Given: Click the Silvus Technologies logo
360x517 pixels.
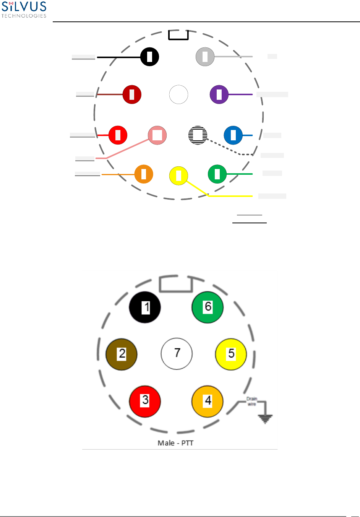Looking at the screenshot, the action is click(24, 10).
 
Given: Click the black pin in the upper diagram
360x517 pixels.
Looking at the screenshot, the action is click(149, 57).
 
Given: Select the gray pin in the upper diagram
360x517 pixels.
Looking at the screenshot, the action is click(205, 57).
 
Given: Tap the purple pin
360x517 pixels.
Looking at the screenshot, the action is click(219, 94).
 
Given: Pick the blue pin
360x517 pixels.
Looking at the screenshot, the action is click(233, 135).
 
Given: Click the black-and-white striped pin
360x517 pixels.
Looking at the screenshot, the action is click(198, 135).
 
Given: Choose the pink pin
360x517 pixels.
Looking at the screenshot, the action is click(157, 135).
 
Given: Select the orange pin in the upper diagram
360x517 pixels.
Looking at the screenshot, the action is click(144, 174).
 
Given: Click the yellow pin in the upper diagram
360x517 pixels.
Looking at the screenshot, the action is click(178, 176).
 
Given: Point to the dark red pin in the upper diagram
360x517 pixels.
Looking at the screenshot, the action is click(132, 94).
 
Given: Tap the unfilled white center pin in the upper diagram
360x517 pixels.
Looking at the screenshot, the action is click(178, 94).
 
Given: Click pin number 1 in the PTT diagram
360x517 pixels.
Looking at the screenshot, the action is click(145, 307).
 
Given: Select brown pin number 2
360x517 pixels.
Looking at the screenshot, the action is click(122, 354).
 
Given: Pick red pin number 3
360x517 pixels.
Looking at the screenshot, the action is click(145, 401).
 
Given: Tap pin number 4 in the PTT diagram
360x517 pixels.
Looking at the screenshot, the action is click(207, 401).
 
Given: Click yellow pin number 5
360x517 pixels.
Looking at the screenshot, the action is click(231, 354).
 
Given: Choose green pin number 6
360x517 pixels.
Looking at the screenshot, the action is click(207, 307).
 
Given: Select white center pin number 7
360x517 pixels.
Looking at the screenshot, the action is click(177, 353).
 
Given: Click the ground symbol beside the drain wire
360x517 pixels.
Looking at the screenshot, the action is click(265, 418).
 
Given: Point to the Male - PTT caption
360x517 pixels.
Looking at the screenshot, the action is click(175, 443).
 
